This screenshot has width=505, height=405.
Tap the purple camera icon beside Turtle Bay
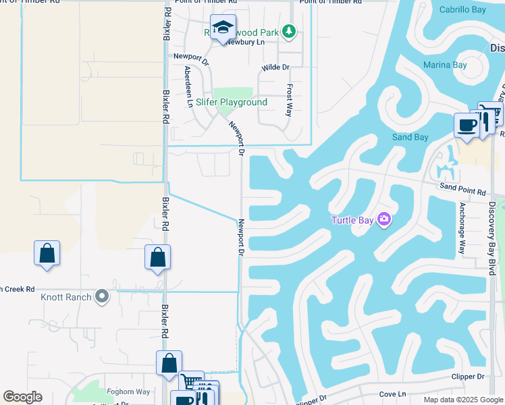pyautogui.click(x=384, y=219)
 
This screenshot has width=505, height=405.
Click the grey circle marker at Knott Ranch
pyautogui.click(x=102, y=296)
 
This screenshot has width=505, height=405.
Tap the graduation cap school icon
pyautogui.click(x=223, y=28)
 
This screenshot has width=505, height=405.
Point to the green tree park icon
pyautogui.click(x=289, y=31)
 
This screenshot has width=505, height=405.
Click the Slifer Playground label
pyautogui.click(x=240, y=103)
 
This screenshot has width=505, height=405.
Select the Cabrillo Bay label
pyautogui.click(x=462, y=10)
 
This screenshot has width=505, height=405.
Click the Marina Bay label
pyautogui.click(x=445, y=65)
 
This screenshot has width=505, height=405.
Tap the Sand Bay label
pyautogui.click(x=410, y=138)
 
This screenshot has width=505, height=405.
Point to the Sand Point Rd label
pyautogui.click(x=462, y=192)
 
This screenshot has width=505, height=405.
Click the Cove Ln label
pyautogui.click(x=393, y=393)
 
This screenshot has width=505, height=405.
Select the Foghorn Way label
pyautogui.click(x=128, y=391)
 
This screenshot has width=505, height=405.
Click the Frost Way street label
pyautogui.click(x=289, y=101)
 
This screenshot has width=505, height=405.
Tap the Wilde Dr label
pyautogui.click(x=275, y=67)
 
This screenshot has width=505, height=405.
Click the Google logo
pyautogui.click(x=23, y=398)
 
